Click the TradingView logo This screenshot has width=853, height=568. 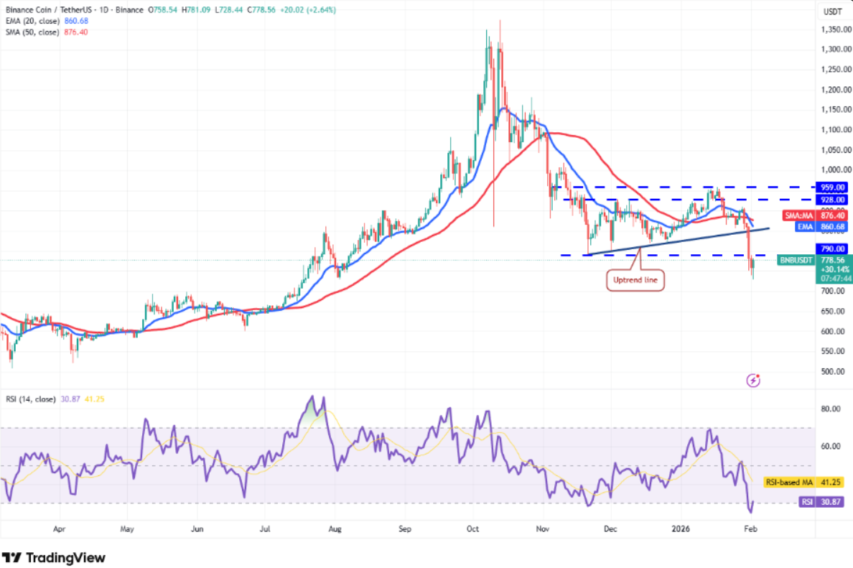tap(54, 557)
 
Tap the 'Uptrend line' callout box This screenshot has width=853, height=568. tap(635, 280)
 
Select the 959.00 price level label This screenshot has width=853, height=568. tap(832, 186)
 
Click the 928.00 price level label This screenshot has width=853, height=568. tap(832, 200)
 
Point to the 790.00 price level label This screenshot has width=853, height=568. tap(832, 248)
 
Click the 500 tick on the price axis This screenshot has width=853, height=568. tap(829, 372)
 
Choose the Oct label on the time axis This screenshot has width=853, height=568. tap(472, 529)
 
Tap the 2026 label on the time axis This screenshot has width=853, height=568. tap(680, 529)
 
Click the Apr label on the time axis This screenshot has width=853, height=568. tap(60, 529)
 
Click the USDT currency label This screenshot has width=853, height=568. tap(832, 11)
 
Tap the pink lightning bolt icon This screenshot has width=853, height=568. tap(753, 380)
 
